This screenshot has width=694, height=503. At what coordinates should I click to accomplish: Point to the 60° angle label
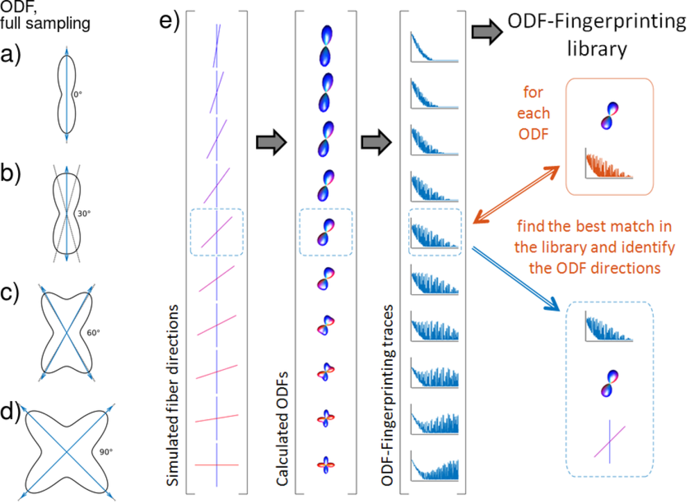coord(94,333)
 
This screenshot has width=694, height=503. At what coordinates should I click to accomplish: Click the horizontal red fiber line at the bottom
coord(217,464)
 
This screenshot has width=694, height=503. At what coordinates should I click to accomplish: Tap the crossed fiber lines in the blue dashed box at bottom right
coord(610,441)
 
